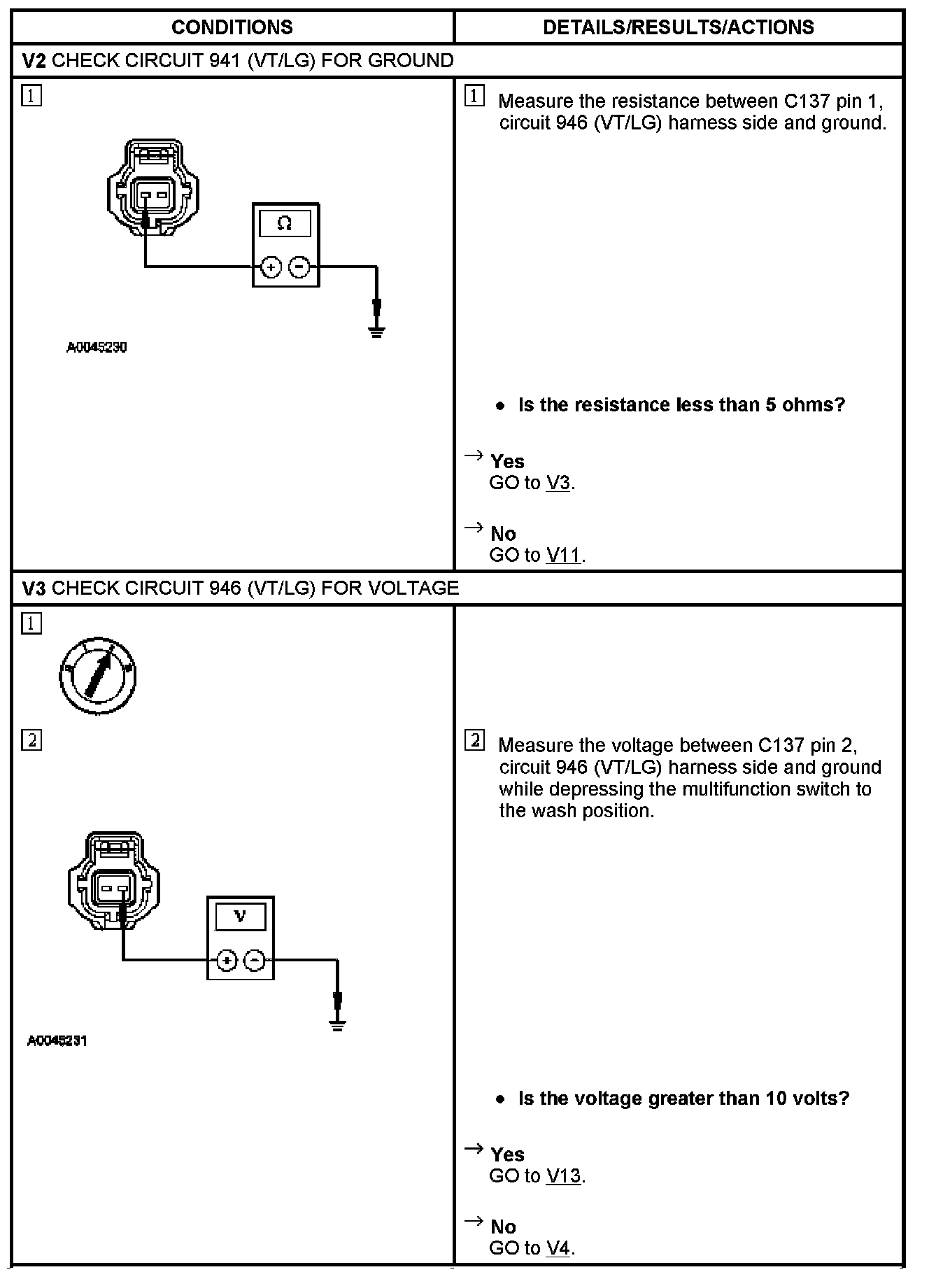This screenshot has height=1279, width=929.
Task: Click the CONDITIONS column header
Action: (232, 27)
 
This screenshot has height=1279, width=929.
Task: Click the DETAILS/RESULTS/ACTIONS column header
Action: (678, 27)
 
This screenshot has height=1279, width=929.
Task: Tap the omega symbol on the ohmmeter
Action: (285, 223)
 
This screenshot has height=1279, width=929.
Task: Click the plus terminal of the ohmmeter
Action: (271, 267)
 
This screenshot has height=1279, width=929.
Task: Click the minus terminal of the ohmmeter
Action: (299, 267)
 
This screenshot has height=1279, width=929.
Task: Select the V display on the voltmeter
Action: (240, 916)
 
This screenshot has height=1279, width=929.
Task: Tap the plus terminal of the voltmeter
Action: (227, 961)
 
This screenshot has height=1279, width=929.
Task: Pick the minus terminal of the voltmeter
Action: (255, 961)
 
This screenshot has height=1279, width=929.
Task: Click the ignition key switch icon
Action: (98, 676)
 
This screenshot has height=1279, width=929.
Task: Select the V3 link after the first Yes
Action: (558, 483)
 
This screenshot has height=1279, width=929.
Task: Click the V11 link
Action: (563, 556)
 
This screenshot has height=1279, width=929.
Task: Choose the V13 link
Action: (563, 1176)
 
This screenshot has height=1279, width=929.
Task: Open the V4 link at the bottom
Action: (558, 1248)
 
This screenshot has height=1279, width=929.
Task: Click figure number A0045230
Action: (97, 347)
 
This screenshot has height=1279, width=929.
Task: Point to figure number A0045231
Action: (57, 1041)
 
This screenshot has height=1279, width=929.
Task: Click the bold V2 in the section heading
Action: (34, 61)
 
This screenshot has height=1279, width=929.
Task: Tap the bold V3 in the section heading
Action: (34, 588)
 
